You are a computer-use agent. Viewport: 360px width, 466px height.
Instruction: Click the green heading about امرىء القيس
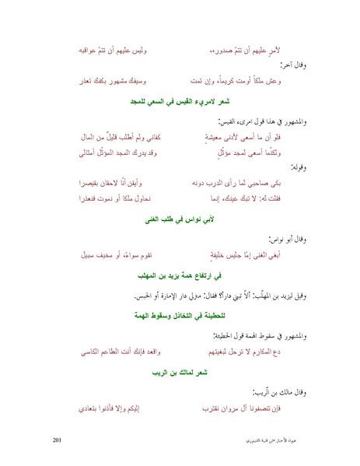click(180, 102)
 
